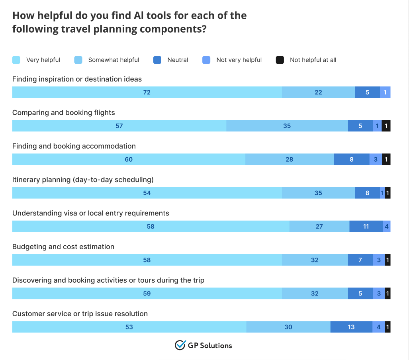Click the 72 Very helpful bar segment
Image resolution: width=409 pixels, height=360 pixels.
[x=147, y=92]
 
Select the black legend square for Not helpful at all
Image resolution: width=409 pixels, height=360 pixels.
[x=280, y=60]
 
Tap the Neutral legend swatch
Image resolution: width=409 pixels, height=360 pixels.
[x=157, y=60]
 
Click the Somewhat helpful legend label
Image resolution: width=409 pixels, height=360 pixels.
[x=114, y=60]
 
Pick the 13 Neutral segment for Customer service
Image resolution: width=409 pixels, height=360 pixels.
[x=351, y=327]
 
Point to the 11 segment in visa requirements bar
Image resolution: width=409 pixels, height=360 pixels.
[x=366, y=227]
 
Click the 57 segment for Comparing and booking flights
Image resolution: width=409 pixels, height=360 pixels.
[x=119, y=126]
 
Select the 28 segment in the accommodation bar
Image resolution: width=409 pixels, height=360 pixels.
[x=289, y=159]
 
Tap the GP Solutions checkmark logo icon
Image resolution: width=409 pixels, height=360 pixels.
[x=180, y=345]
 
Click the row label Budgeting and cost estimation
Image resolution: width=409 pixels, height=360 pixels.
[x=63, y=247]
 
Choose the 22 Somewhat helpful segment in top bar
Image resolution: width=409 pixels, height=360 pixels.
[x=318, y=92]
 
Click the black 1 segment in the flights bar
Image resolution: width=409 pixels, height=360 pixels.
[x=386, y=126]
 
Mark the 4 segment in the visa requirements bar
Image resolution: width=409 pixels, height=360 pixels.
[x=387, y=227]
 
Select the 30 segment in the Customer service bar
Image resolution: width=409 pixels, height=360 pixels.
[x=288, y=327]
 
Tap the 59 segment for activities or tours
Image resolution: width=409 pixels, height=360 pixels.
[x=147, y=293]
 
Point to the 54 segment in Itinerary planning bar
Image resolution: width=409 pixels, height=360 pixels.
[x=147, y=193]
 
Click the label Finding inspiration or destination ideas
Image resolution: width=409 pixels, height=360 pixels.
[x=77, y=79]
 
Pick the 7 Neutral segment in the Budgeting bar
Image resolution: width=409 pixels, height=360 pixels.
[x=360, y=260]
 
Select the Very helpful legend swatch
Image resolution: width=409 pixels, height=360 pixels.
[x=16, y=60]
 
